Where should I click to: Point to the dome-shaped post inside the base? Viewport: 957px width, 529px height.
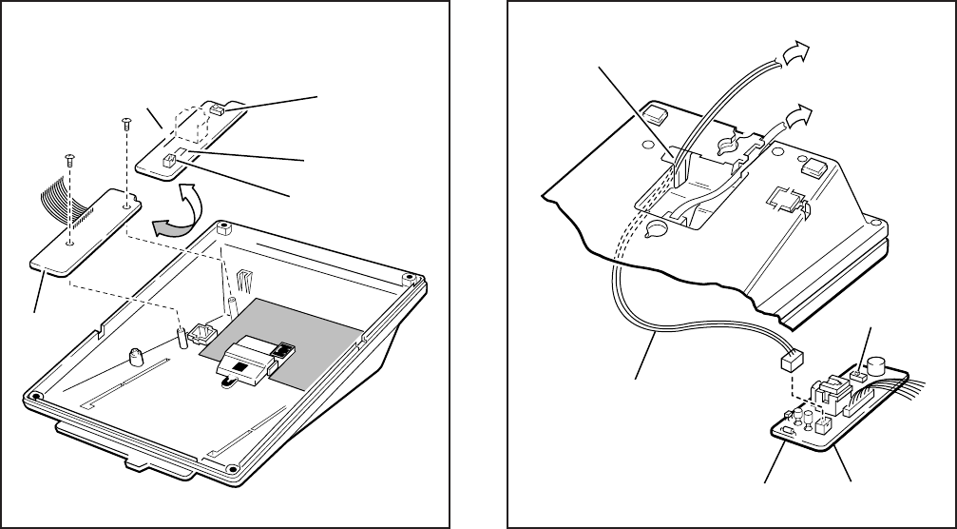pyautogui.click(x=137, y=358)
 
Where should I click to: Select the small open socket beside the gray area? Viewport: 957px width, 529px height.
pyautogui.click(x=201, y=335)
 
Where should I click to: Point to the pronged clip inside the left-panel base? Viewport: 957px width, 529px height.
pyautogui.click(x=246, y=279)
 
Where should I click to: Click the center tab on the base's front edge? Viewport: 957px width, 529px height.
pyautogui.click(x=136, y=463)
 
